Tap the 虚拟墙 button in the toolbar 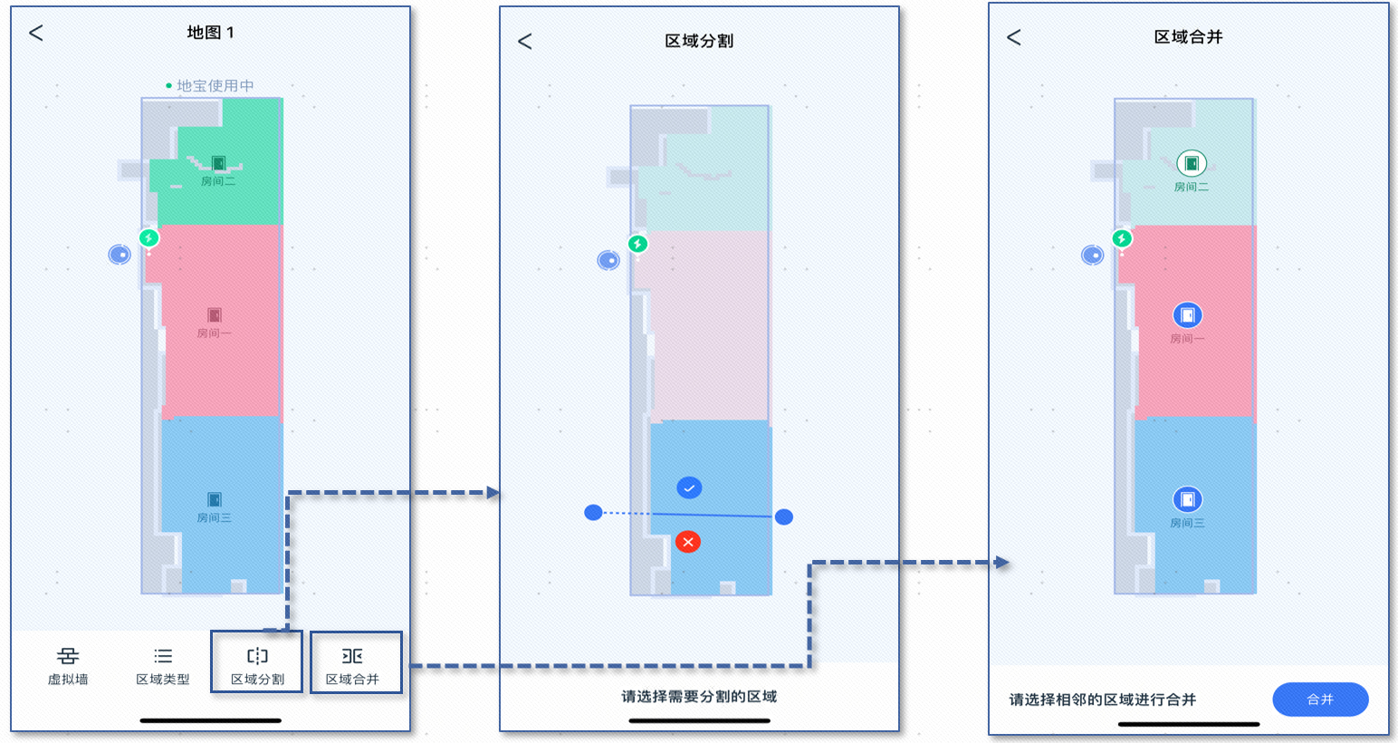(x=68, y=665)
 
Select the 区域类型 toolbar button (x=163, y=665)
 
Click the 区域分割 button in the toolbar (x=257, y=665)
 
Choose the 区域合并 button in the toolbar (x=352, y=665)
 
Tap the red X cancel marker (x=688, y=542)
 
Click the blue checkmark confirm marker (x=689, y=487)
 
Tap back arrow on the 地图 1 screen (x=36, y=34)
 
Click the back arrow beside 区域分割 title (x=525, y=42)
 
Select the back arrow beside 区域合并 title (x=1014, y=37)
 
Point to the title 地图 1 (x=211, y=33)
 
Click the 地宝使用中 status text (x=215, y=86)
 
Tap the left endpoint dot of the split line (x=593, y=513)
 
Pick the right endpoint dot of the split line (x=784, y=516)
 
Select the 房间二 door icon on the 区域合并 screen (x=1192, y=164)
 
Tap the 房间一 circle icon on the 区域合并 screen (x=1187, y=315)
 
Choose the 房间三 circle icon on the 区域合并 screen (x=1187, y=499)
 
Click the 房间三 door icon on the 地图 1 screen (x=215, y=499)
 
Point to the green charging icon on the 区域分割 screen (x=637, y=244)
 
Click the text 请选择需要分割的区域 (x=699, y=697)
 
